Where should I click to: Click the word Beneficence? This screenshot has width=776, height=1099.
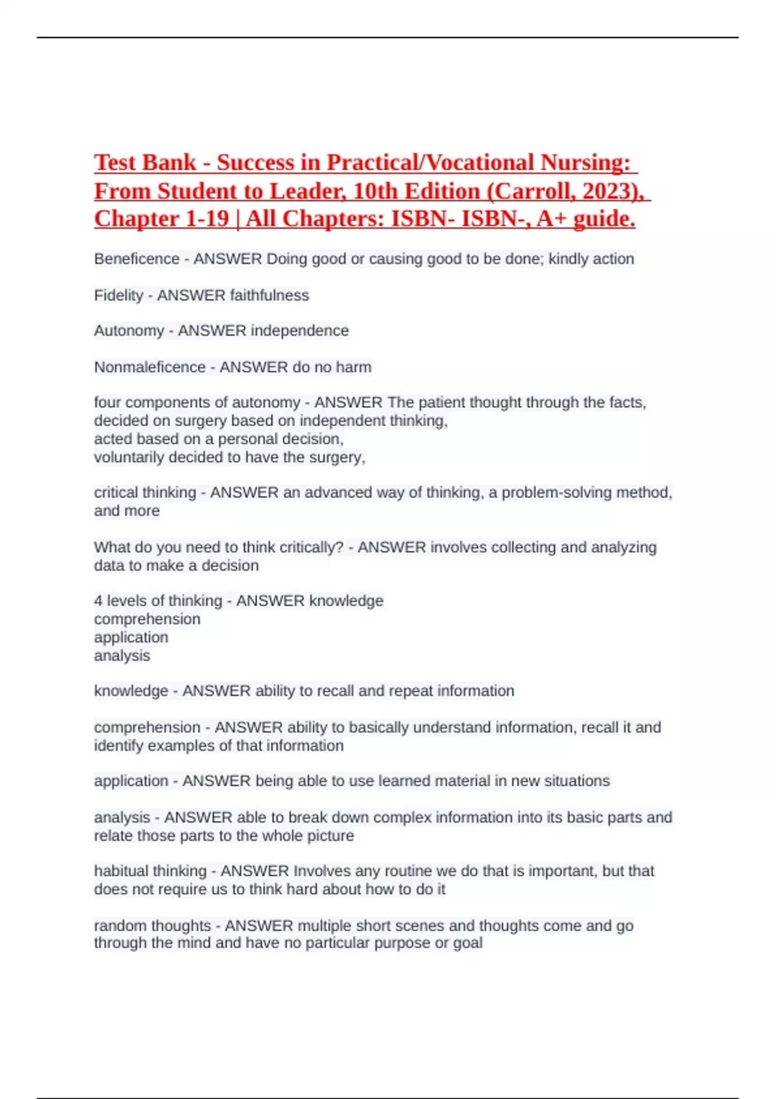136,259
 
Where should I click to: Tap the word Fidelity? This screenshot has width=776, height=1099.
118,295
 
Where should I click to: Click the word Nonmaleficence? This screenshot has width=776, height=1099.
149,367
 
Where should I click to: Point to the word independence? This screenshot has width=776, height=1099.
299,331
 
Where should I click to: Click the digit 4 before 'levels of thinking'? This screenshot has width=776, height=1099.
98,601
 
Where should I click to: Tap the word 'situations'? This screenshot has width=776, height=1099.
577,781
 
